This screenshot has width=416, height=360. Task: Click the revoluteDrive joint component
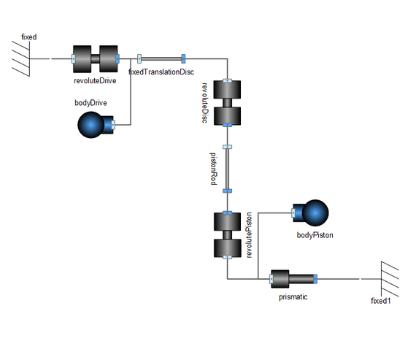[96, 58]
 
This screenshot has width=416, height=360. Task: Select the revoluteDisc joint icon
[228, 103]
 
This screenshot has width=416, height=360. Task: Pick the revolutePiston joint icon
[228, 235]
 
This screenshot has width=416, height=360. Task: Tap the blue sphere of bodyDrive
[90, 125]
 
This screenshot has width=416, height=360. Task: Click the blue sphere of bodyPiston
[315, 213]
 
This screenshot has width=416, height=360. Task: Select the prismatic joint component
[293, 279]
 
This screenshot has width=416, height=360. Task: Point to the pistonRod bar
[228, 169]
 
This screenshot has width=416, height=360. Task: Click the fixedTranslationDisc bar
[161, 58]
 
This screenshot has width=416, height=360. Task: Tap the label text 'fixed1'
[381, 301]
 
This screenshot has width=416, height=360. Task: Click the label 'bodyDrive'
[90, 103]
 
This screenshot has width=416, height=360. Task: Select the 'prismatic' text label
[293, 296]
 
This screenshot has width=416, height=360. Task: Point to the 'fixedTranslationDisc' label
[161, 72]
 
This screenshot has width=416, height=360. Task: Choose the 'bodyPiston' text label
[315, 235]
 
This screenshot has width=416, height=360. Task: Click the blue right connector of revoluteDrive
[118, 58]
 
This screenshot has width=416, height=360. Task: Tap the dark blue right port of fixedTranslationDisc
[183, 58]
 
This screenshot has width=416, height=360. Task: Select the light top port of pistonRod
[228, 147]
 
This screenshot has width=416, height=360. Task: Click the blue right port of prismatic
[315, 279]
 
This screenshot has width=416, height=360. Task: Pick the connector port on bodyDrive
[113, 125]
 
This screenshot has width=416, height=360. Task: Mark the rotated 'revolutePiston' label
[249, 235]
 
